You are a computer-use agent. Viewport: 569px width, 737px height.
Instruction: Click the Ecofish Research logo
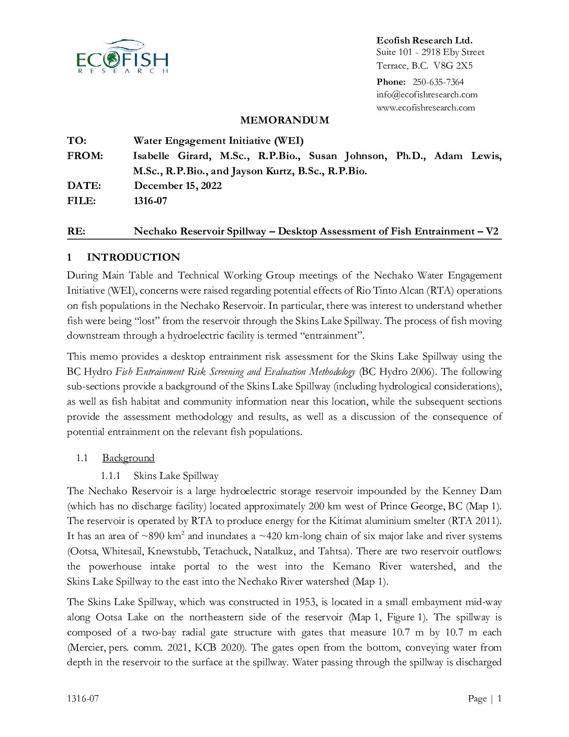click(x=122, y=57)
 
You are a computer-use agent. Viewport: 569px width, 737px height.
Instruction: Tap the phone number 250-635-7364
click(x=438, y=82)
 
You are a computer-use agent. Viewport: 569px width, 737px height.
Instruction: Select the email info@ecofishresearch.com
click(x=427, y=95)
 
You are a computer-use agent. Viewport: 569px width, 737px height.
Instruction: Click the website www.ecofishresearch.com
click(x=425, y=108)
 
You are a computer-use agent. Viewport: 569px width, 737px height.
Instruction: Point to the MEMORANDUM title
click(x=284, y=120)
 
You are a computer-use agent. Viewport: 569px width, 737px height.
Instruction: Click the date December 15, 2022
click(x=178, y=186)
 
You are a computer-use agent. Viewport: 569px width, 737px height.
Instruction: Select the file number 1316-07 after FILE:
click(x=151, y=201)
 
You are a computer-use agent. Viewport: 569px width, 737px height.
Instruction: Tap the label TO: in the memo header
click(x=77, y=141)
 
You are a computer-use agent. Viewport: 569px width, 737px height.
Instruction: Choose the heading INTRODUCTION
click(x=133, y=258)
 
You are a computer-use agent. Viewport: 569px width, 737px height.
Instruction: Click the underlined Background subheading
click(x=128, y=458)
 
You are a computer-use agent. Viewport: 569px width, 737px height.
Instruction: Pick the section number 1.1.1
click(x=110, y=476)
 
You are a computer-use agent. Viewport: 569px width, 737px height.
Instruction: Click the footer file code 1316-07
click(x=83, y=699)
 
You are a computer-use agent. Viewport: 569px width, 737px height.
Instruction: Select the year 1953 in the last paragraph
click(x=305, y=602)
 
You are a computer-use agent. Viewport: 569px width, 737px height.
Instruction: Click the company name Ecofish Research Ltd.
click(x=424, y=40)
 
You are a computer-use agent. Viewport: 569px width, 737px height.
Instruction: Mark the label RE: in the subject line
click(x=76, y=231)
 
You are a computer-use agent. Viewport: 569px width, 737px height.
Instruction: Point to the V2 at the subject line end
click(x=492, y=231)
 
